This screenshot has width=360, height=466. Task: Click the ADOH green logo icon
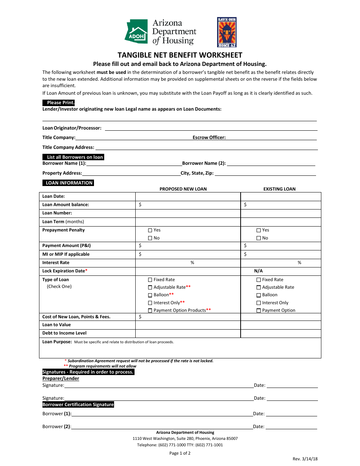[136, 32]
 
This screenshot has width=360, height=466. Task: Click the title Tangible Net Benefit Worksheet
[180, 55]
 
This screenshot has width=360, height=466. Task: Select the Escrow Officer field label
[209, 138]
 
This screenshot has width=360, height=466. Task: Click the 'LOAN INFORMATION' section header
[68, 183]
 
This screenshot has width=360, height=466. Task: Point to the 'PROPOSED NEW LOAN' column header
[183, 189]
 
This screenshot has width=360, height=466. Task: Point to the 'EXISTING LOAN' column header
[279, 189]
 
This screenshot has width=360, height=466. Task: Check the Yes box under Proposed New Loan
[150, 230]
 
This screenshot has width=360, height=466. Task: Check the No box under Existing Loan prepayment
[259, 238]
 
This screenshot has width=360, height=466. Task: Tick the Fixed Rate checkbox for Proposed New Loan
[150, 280]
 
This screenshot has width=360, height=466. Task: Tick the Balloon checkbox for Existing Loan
[259, 295]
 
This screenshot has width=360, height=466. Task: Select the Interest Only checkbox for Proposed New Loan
[150, 303]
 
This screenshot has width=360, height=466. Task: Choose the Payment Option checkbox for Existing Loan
[259, 311]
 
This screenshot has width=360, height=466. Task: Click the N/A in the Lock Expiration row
[258, 271]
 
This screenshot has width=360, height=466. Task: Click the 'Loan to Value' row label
[56, 325]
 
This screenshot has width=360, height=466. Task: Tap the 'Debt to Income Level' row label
[64, 333]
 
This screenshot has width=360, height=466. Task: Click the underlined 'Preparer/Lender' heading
[61, 378]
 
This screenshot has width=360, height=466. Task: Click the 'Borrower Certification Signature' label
[78, 405]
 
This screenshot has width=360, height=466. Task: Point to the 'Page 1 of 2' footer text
[180, 453]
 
